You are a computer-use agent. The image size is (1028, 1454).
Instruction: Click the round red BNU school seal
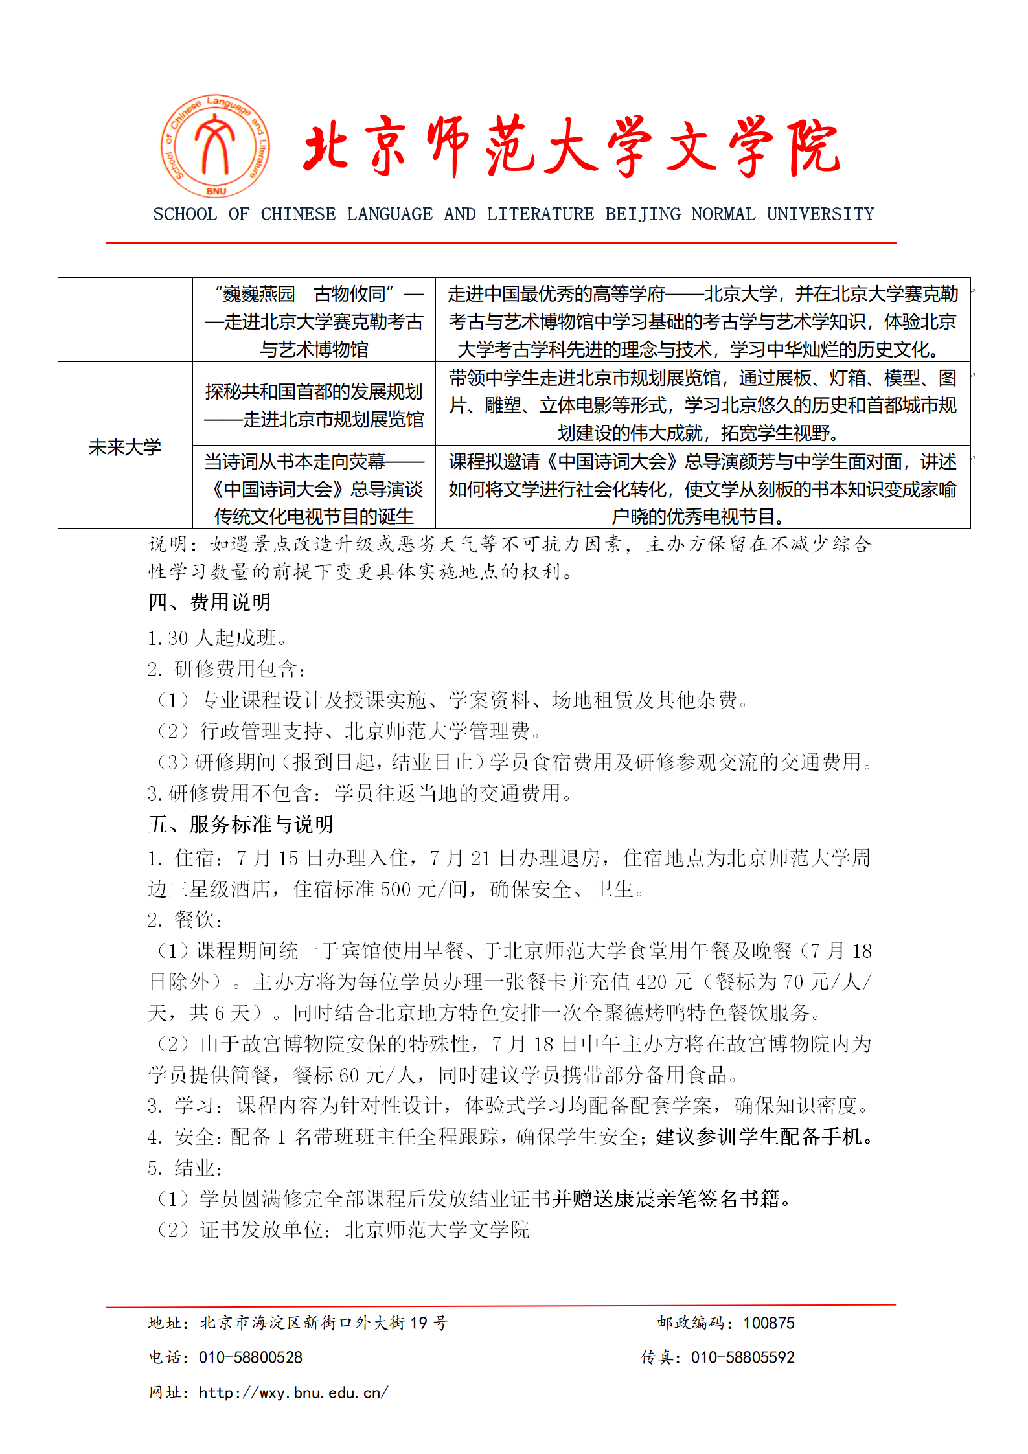click(x=215, y=146)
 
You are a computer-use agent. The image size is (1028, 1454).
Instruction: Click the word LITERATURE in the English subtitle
click(x=540, y=214)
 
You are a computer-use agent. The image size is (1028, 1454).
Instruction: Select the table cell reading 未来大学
click(x=125, y=446)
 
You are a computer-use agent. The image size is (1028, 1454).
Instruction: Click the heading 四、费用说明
click(x=209, y=602)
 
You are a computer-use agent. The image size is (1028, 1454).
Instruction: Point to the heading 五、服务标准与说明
click(x=240, y=824)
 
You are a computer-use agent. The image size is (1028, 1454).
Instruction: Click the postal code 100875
click(x=768, y=1323)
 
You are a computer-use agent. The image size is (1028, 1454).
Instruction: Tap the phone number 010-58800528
click(x=250, y=1357)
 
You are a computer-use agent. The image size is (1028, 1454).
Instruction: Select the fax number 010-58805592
click(x=742, y=1357)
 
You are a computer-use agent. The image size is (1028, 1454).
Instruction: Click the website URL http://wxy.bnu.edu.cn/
click(x=293, y=1392)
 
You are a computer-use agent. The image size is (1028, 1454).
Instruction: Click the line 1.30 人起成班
click(x=217, y=638)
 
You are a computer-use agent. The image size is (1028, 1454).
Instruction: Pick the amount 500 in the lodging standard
click(x=395, y=889)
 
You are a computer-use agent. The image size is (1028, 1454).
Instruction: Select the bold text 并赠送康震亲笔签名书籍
click(x=667, y=1199)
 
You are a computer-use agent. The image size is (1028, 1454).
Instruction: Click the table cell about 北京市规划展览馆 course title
click(x=314, y=405)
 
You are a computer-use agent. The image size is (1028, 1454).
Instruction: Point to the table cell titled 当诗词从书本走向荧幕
click(x=314, y=488)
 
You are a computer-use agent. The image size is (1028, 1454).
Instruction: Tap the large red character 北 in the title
click(x=329, y=148)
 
